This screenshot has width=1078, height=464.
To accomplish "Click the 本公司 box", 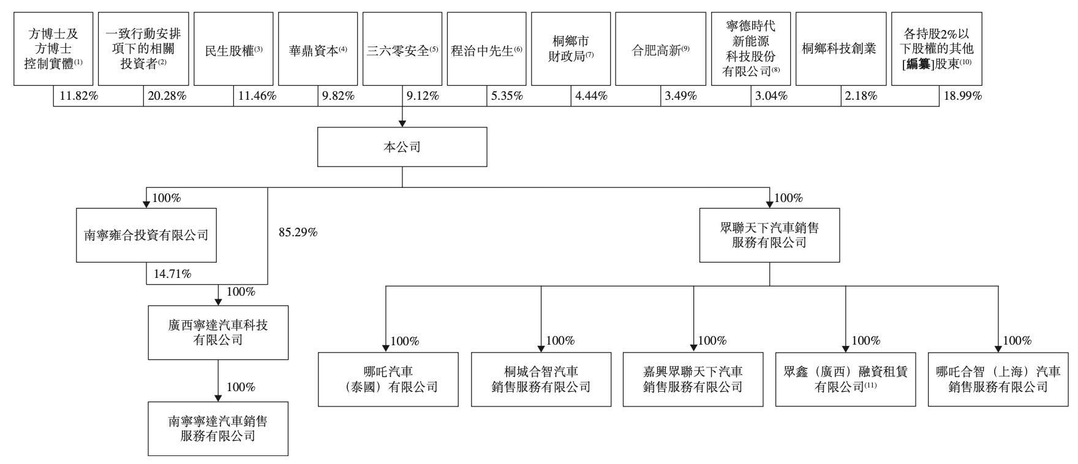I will pyautogui.click(x=402, y=147).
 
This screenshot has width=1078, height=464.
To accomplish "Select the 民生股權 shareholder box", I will pyautogui.click(x=233, y=49).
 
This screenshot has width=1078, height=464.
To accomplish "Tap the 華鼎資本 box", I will pyautogui.click(x=317, y=49).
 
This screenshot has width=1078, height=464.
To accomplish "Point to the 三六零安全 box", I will pyautogui.click(x=402, y=49).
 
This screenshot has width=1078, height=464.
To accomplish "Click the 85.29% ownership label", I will pyautogui.click(x=298, y=233).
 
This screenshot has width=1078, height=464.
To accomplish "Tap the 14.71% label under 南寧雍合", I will pyautogui.click(x=172, y=274).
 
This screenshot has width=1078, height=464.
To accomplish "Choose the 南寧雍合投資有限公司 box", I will pyautogui.click(x=146, y=235).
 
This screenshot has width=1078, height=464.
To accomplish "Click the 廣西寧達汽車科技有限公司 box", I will pyautogui.click(x=218, y=332).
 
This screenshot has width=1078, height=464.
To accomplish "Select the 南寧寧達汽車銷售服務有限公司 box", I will pyautogui.click(x=218, y=428).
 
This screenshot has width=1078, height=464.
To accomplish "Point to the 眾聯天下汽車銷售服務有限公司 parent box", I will pyautogui.click(x=769, y=235).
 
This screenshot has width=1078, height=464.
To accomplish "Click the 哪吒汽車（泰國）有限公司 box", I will pyautogui.click(x=388, y=379).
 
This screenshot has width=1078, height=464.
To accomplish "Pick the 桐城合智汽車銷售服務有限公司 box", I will pyautogui.click(x=541, y=379).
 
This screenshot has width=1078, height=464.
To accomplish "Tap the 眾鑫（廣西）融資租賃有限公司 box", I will pyautogui.click(x=845, y=379).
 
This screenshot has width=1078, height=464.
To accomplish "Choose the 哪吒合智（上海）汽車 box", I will pyautogui.click(x=998, y=379).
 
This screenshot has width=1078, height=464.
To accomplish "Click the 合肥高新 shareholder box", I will pyautogui.click(x=655, y=49).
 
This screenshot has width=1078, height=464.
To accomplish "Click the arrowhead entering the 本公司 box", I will pyautogui.click(x=402, y=123).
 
